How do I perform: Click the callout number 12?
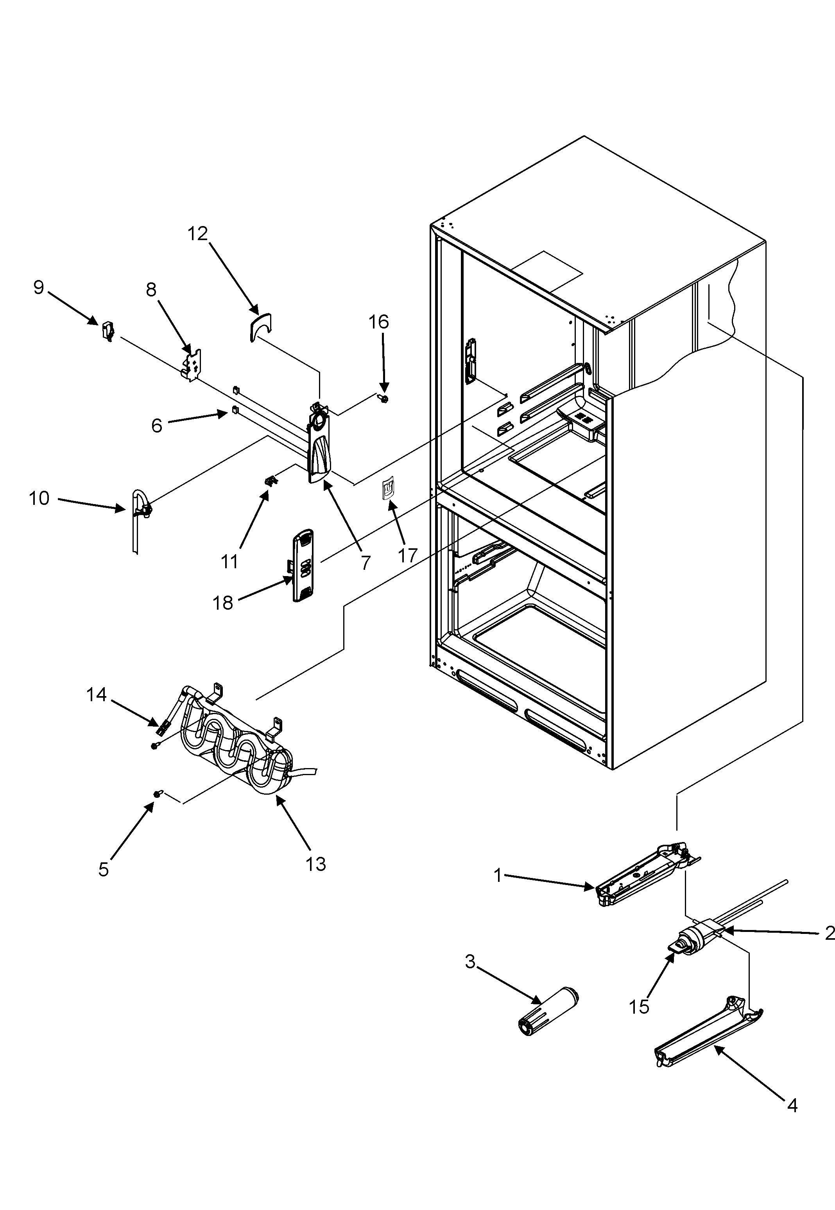click(198, 234)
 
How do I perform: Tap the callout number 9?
click(39, 287)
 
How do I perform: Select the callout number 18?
click(222, 603)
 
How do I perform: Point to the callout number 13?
click(316, 864)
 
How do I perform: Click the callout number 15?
click(639, 1006)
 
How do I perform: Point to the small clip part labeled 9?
click(108, 331)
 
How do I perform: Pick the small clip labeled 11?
click(271, 480)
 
